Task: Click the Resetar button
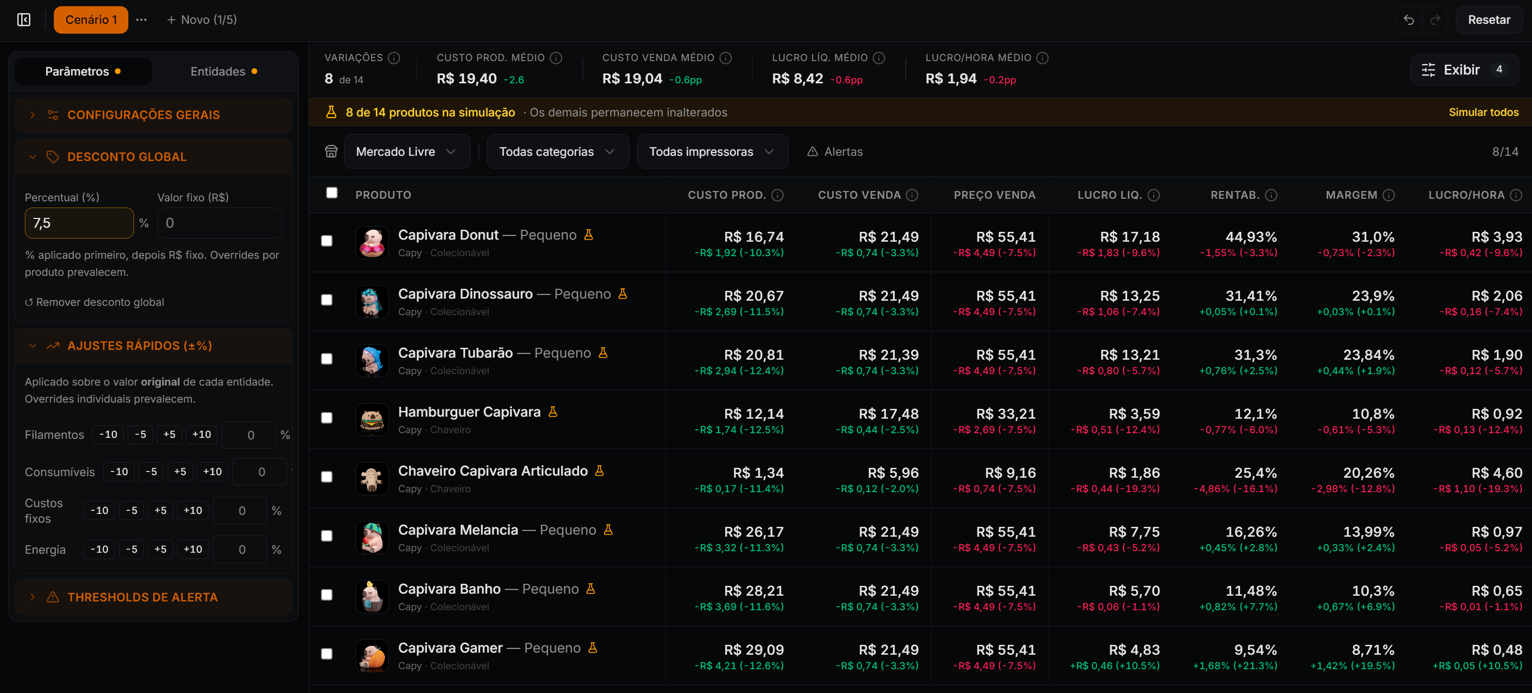(1489, 20)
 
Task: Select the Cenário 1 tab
(91, 20)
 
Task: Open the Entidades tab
(224, 71)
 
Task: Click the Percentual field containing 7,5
(79, 223)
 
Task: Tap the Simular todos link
(1483, 112)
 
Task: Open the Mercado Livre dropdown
(407, 152)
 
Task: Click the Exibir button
(1464, 69)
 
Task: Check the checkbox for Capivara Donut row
(327, 241)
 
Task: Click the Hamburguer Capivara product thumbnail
(372, 419)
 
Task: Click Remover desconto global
(95, 302)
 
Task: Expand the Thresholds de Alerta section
(142, 597)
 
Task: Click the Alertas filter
(835, 152)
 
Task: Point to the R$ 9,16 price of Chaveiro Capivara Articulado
(1010, 473)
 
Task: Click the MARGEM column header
(1351, 195)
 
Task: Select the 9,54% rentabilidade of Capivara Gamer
(1256, 650)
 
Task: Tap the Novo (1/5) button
(202, 20)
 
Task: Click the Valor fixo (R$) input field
(219, 223)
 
